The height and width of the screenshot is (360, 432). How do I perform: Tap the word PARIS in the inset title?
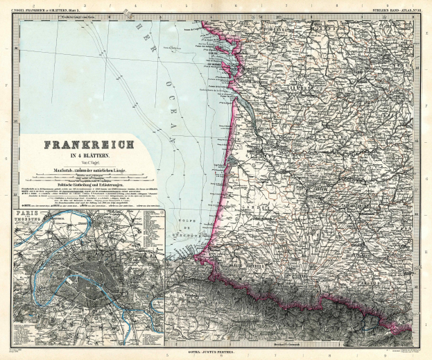[31, 216]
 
